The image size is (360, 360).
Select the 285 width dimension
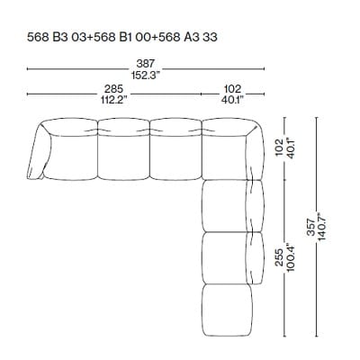pyautogui.click(x=112, y=89)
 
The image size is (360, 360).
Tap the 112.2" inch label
pyautogui.click(x=112, y=100)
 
